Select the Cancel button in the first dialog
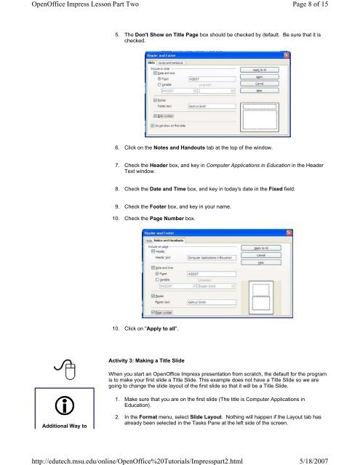260,82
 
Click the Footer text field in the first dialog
211,105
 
